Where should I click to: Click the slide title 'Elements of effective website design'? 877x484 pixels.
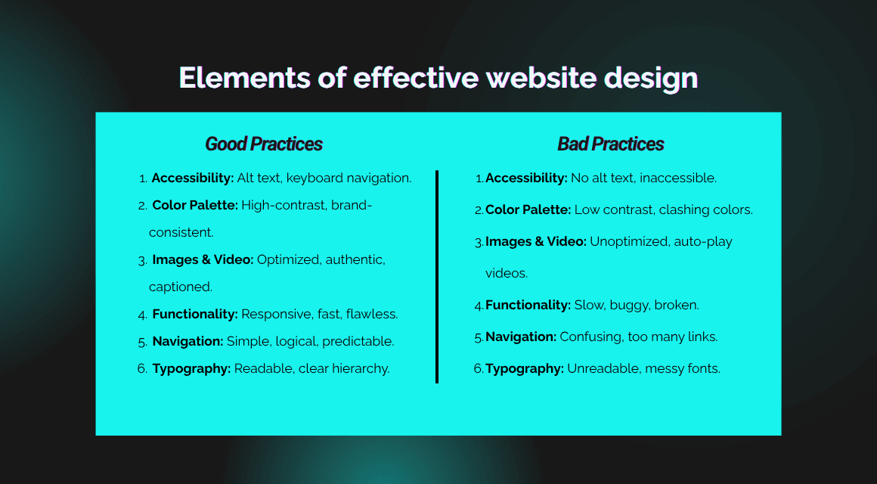(438, 78)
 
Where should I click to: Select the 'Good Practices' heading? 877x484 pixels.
(264, 144)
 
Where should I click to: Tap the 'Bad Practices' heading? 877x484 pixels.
(610, 144)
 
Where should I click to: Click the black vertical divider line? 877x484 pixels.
(437, 277)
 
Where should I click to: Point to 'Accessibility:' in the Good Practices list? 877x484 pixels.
(192, 178)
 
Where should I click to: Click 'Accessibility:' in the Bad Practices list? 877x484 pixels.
(526, 178)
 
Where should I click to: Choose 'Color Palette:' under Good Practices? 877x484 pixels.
(195, 205)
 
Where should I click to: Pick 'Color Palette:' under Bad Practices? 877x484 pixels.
(528, 210)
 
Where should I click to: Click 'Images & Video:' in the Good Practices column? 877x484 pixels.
(203, 259)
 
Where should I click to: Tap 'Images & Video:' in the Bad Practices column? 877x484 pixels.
(535, 242)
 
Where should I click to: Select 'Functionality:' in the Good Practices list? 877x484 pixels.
(195, 314)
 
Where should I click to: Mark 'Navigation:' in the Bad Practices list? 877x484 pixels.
(521, 337)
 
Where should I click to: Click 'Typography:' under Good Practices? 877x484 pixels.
(191, 368)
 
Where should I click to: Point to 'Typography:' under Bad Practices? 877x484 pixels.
(524, 369)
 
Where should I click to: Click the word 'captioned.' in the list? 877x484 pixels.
(181, 287)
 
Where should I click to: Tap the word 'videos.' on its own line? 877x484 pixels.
(506, 273)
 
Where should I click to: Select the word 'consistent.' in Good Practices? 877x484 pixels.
(181, 232)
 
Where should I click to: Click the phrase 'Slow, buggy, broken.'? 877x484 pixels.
(637, 306)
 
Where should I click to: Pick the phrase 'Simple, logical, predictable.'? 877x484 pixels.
(310, 341)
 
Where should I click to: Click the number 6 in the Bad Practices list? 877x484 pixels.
(478, 369)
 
